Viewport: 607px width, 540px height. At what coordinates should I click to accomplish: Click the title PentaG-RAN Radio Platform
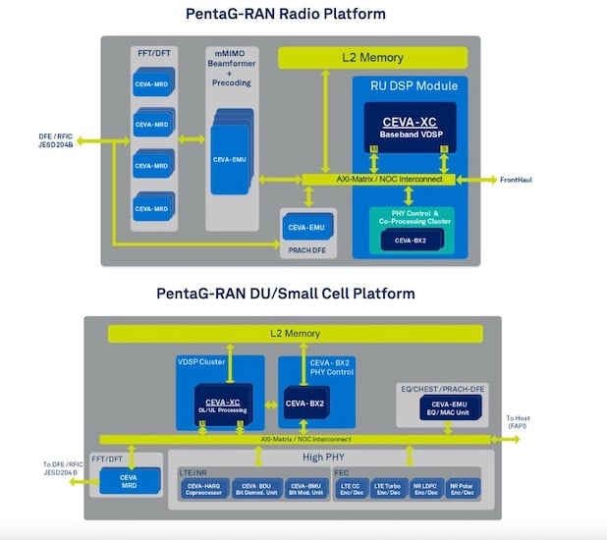(285, 14)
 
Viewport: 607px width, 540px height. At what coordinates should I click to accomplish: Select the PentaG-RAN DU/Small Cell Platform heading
(285, 294)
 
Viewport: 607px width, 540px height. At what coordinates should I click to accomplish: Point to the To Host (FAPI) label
(519, 423)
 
